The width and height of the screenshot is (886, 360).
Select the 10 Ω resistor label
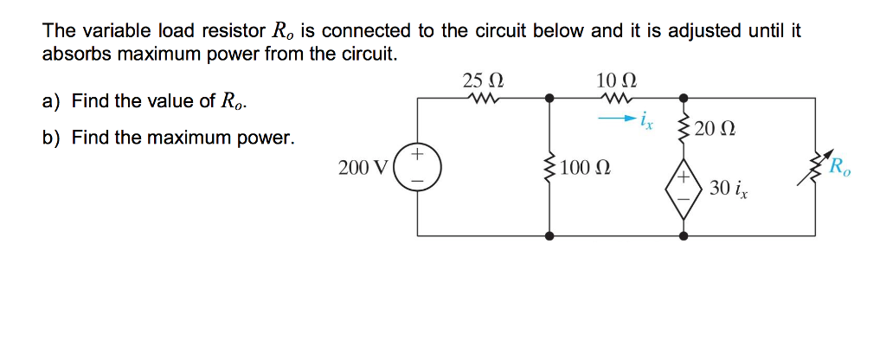pos(616,81)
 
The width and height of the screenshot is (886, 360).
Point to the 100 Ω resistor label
pos(587,167)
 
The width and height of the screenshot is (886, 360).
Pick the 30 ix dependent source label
pos(728,188)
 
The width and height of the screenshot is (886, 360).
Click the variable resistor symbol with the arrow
pos(814,167)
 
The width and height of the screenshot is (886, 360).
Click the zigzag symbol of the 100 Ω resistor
pos(549,167)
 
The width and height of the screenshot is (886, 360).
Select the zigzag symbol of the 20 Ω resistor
pos(684,130)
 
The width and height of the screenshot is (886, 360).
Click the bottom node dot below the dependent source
pos(684,235)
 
